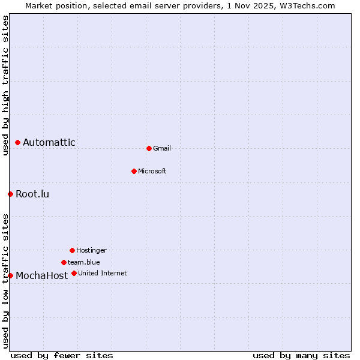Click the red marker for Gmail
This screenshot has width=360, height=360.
[149, 148]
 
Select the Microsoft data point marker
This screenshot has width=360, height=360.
[134, 171]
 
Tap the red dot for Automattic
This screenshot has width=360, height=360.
[18, 142]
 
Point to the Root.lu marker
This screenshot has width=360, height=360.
[10, 194]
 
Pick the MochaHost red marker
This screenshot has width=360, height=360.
[10, 275]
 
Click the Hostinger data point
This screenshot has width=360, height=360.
[72, 250]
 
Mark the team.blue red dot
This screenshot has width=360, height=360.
[64, 262]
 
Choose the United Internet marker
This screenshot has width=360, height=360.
[74, 273]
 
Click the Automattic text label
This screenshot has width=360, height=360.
[49, 142]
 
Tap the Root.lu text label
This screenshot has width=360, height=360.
[32, 194]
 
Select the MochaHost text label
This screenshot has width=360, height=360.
[41, 276]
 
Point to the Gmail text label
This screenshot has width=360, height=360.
[162, 148]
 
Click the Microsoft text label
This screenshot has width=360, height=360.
[152, 171]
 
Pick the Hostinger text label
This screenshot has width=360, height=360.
[91, 250]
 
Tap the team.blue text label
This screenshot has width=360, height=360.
[84, 262]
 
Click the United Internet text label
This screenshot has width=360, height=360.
[102, 273]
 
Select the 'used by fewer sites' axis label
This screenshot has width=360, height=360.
[62, 355]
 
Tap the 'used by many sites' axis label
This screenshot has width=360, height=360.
[301, 355]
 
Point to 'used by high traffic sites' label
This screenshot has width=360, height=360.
[5, 85]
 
